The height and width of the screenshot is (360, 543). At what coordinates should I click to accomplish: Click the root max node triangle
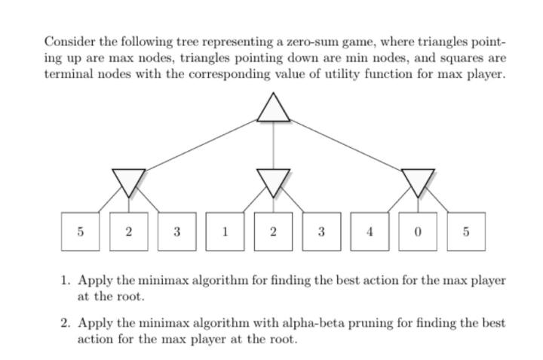(273, 109)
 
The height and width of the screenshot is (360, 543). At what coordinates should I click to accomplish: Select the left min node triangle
(128, 180)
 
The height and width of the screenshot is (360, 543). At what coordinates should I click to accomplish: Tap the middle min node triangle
(273, 180)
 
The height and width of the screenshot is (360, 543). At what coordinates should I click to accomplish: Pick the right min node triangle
(418, 180)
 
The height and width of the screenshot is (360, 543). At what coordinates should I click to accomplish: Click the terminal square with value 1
(225, 232)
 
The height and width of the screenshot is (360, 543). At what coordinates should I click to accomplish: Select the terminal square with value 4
(370, 232)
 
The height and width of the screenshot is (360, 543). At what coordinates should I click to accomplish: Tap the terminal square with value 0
(418, 232)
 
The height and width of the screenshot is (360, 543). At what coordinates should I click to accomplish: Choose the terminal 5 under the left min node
(80, 232)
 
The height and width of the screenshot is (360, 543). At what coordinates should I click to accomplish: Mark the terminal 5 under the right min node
(466, 232)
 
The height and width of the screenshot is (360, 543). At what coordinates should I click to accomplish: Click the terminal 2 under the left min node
(128, 232)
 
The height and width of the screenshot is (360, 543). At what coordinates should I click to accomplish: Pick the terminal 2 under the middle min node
(273, 232)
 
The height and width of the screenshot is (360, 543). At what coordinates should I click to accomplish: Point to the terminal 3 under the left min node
(176, 232)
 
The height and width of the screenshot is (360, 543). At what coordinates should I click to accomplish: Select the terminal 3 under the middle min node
(321, 232)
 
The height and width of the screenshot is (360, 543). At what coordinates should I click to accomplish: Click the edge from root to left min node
(200, 145)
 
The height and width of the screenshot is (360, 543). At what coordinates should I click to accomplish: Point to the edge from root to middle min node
(273, 145)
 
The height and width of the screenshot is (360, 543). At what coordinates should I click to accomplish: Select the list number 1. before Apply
(66, 280)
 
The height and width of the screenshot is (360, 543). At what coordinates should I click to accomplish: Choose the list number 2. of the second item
(66, 322)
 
